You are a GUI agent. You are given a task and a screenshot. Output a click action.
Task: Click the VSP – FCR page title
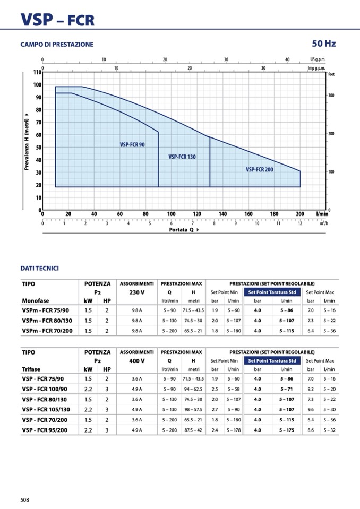pyautogui.click(x=57, y=20)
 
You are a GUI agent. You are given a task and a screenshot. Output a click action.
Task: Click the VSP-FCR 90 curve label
pyautogui.click(x=132, y=144)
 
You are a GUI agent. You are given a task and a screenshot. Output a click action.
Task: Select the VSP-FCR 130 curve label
pyautogui.click(x=182, y=157)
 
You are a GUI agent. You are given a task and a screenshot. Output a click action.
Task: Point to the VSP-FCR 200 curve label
pyautogui.click(x=260, y=169)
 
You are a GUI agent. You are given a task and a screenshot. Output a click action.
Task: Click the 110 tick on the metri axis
pyautogui.click(x=37, y=72)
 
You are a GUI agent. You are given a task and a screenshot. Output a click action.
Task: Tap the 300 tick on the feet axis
pyautogui.click(x=331, y=96)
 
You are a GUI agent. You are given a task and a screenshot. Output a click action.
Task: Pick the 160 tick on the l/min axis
pyautogui.click(x=248, y=214)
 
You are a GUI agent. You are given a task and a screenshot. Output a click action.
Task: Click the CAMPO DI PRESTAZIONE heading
pyautogui.click(x=57, y=45)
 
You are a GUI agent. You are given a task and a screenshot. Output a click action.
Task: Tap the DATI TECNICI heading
pyautogui.click(x=39, y=269)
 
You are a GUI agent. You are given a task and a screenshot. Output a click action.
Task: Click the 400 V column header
pyautogui.click(x=136, y=360)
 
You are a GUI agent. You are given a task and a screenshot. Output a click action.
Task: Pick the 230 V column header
pyautogui.click(x=136, y=292)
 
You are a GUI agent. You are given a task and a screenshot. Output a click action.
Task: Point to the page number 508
pyautogui.click(x=25, y=499)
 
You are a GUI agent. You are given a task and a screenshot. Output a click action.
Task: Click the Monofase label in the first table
pyautogui.click(x=36, y=301)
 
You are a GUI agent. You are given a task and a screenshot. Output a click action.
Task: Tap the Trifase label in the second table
pyautogui.click(x=31, y=369)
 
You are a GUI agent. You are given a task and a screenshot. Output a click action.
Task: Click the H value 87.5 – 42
pyautogui.click(x=193, y=430)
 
